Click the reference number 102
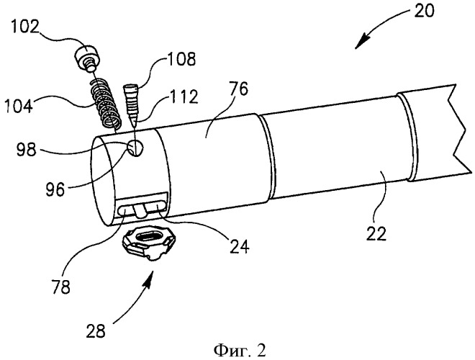coord(25,27)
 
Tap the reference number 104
coord(19,107)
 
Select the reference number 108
coord(181,59)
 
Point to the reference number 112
coord(182,97)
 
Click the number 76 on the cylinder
coord(238,89)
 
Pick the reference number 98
coord(26,149)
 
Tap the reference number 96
coord(55,189)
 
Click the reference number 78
coord(60,287)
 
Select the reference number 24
coord(240,246)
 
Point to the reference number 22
coord(376,233)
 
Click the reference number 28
coord(96,330)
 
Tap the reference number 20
coord(423,11)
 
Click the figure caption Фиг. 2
coord(240,351)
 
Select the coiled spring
coord(105,102)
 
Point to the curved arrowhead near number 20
coord(363,41)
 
